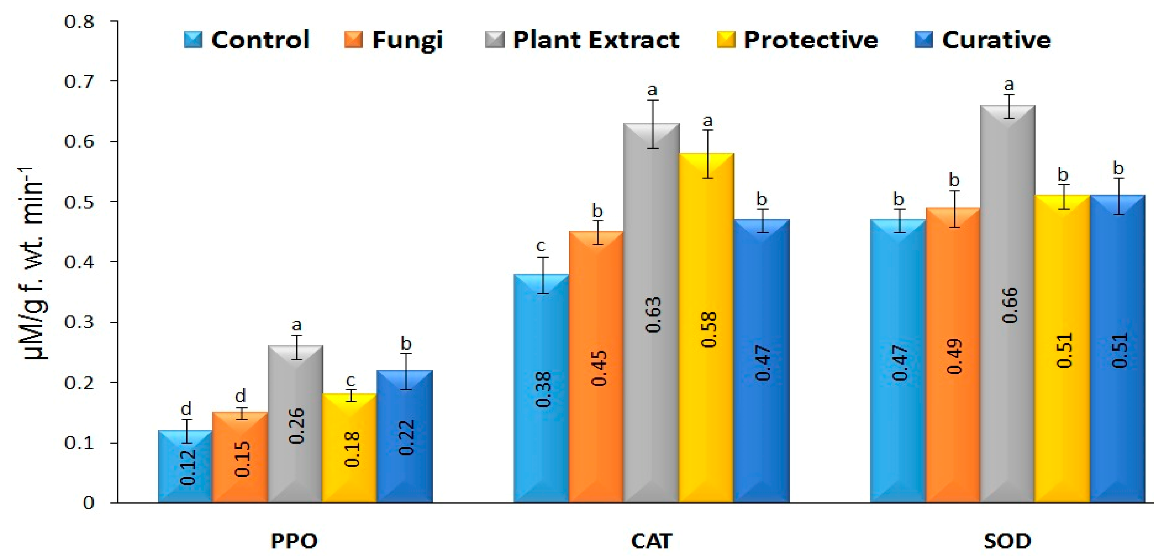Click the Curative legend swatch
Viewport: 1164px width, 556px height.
(x=923, y=40)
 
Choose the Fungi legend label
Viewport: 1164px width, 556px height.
(x=407, y=40)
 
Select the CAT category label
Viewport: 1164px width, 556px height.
(x=652, y=541)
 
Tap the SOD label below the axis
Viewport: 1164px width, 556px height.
(x=1007, y=541)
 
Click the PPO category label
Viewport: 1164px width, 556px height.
(x=294, y=541)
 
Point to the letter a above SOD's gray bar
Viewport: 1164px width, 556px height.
(x=1008, y=84)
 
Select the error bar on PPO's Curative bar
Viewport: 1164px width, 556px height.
(x=406, y=371)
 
